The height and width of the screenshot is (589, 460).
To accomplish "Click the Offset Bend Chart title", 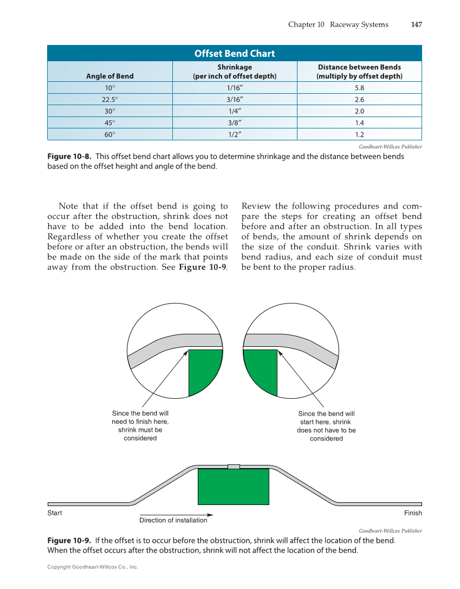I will pos(234,53).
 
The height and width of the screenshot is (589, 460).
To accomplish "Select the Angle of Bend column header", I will pos(109,76).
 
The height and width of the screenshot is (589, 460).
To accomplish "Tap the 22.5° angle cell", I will pos(109,99).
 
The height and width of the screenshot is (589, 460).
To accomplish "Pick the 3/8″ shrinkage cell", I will pos(234,122).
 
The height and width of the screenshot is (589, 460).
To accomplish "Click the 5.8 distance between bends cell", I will pos(359,88).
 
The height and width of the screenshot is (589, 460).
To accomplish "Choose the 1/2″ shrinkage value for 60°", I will pos(234,134).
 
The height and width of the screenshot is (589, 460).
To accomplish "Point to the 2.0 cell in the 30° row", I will pos(359,111).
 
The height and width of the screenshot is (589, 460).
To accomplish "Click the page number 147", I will pos(416,24).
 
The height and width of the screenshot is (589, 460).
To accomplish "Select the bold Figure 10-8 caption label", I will pos(69,156).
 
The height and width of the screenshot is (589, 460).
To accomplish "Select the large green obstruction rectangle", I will pos(233,486).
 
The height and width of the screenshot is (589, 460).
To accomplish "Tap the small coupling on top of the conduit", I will pos(234,467).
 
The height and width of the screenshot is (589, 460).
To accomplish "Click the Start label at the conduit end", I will pos(55,513).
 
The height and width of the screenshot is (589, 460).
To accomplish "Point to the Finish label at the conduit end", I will pos(412,513).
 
